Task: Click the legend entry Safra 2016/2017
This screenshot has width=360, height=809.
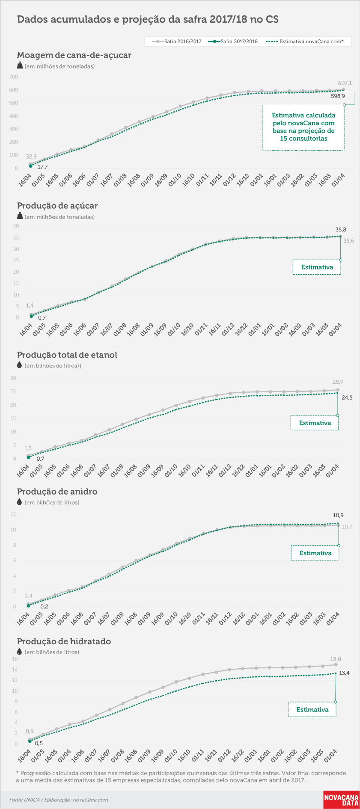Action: pyautogui.click(x=177, y=41)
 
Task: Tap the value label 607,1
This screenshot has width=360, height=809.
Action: pyautogui.click(x=345, y=83)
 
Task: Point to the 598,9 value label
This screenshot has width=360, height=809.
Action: pyautogui.click(x=338, y=96)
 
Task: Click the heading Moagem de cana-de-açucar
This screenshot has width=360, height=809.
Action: pyautogui.click(x=74, y=55)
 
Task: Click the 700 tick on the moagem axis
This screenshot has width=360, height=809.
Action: pyautogui.click(x=14, y=77)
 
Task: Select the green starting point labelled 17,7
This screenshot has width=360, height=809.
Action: pyautogui.click(x=30, y=166)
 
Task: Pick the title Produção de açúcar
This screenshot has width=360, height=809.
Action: pyautogui.click(x=57, y=206)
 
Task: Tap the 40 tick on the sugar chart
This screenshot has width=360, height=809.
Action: pyautogui.click(x=16, y=226)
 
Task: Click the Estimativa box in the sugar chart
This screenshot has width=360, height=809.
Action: pyautogui.click(x=317, y=267)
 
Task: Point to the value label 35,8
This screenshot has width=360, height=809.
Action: pyautogui.click(x=341, y=230)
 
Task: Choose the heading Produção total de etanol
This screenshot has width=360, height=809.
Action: pyautogui.click(x=67, y=355)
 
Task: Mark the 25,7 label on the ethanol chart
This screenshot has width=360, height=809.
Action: pyautogui.click(x=338, y=382)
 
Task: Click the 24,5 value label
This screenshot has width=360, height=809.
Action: pyautogui.click(x=347, y=398)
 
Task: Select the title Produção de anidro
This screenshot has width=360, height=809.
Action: pyautogui.click(x=57, y=492)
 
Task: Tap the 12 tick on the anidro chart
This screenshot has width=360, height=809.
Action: pyautogui.click(x=13, y=515)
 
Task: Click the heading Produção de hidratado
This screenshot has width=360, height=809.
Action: pyautogui.click(x=64, y=641)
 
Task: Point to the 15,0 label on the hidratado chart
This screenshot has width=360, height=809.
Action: pyautogui.click(x=336, y=659)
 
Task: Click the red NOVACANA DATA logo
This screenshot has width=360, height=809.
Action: pyautogui.click(x=341, y=800)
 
